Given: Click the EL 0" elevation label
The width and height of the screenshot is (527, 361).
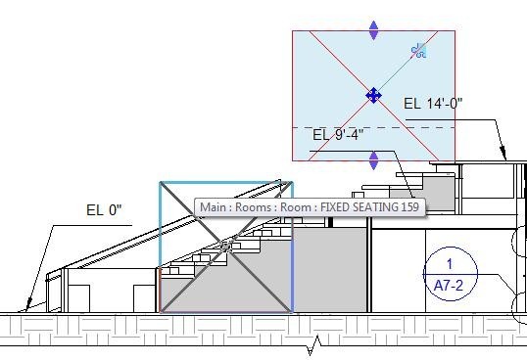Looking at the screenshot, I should (x=109, y=210).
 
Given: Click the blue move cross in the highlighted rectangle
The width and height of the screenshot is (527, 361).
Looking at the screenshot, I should (x=373, y=95).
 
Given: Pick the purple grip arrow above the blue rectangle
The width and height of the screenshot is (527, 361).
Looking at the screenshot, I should (x=373, y=30).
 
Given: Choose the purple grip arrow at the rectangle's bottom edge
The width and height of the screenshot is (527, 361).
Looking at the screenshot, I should (x=373, y=159).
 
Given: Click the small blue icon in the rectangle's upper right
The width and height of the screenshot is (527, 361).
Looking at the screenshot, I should (x=419, y=50).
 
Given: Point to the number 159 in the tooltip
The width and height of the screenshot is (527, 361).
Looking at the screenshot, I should (x=409, y=208).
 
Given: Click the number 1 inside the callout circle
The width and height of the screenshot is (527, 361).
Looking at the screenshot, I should (x=450, y=264).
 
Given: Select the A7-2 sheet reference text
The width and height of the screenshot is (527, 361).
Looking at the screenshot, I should (x=450, y=285).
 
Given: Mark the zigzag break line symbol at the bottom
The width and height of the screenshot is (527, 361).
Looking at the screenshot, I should (x=315, y=344).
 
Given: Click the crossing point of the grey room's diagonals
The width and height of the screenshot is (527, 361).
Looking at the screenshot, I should (x=225, y=247).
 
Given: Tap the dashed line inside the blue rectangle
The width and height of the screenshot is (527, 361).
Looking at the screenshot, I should (x=392, y=127).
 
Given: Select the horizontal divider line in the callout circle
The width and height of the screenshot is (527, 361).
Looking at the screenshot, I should (x=450, y=274).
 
